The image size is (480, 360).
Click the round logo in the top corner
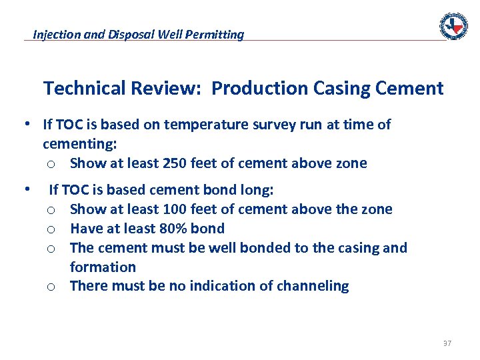point(453,25)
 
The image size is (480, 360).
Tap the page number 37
point(447,343)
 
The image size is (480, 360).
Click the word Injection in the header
point(57,34)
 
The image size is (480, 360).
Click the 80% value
point(173,229)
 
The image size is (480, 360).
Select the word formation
point(103,267)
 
